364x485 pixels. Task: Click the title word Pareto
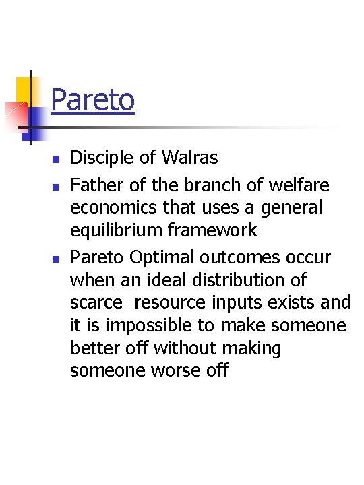[x=92, y=100]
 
